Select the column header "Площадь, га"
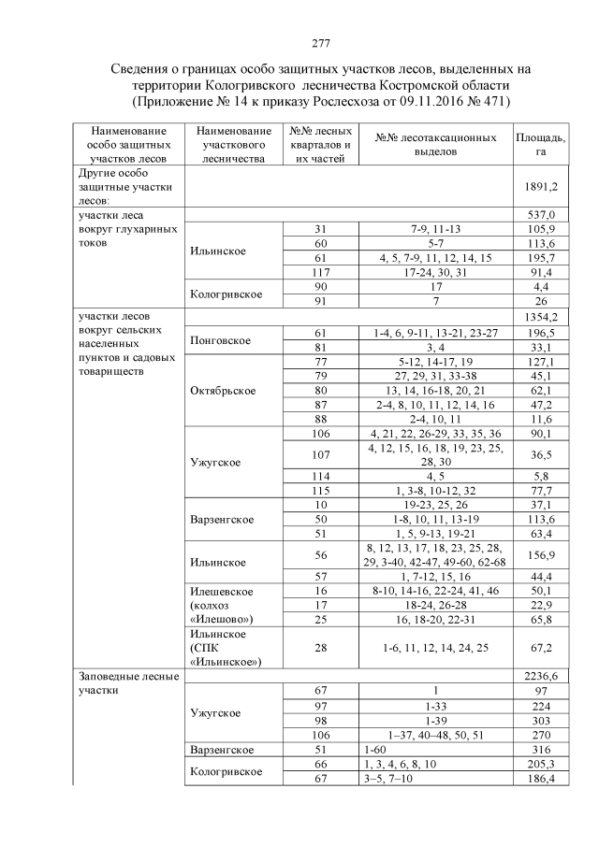pos(540,144)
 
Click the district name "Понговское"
pos(218,340)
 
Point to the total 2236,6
pos(542,675)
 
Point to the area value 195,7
pos(542,257)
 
